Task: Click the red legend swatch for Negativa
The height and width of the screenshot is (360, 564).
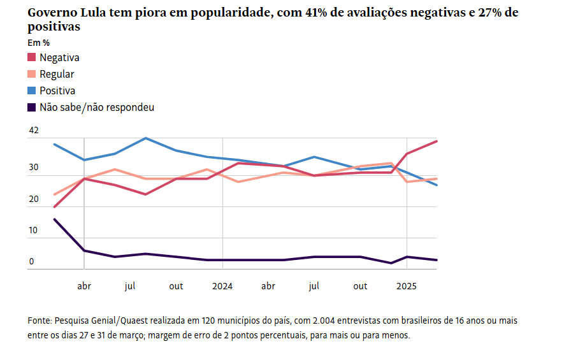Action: click(x=32, y=57)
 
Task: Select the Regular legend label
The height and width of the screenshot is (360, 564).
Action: click(x=57, y=74)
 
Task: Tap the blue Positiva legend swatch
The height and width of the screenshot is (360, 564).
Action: click(x=32, y=90)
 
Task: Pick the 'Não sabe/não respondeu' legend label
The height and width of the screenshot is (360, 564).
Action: click(x=96, y=107)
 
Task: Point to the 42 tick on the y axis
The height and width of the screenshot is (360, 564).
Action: click(x=34, y=131)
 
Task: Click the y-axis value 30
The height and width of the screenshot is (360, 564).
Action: click(x=34, y=168)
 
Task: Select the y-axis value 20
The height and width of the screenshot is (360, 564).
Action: click(x=34, y=199)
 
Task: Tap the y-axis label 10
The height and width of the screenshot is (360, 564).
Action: click(x=34, y=231)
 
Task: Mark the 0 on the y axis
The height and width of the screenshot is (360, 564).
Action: click(x=31, y=262)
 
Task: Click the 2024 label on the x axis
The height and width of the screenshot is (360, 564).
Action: click(x=222, y=286)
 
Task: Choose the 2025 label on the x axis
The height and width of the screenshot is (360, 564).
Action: click(x=407, y=286)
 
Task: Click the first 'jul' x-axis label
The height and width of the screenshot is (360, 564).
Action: click(x=130, y=286)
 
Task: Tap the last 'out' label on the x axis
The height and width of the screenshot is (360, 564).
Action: click(x=360, y=286)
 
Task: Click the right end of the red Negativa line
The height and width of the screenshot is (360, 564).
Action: click(x=437, y=141)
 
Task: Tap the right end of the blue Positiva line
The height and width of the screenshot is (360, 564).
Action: click(x=437, y=185)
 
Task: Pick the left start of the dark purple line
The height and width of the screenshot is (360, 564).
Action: click(x=54, y=219)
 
